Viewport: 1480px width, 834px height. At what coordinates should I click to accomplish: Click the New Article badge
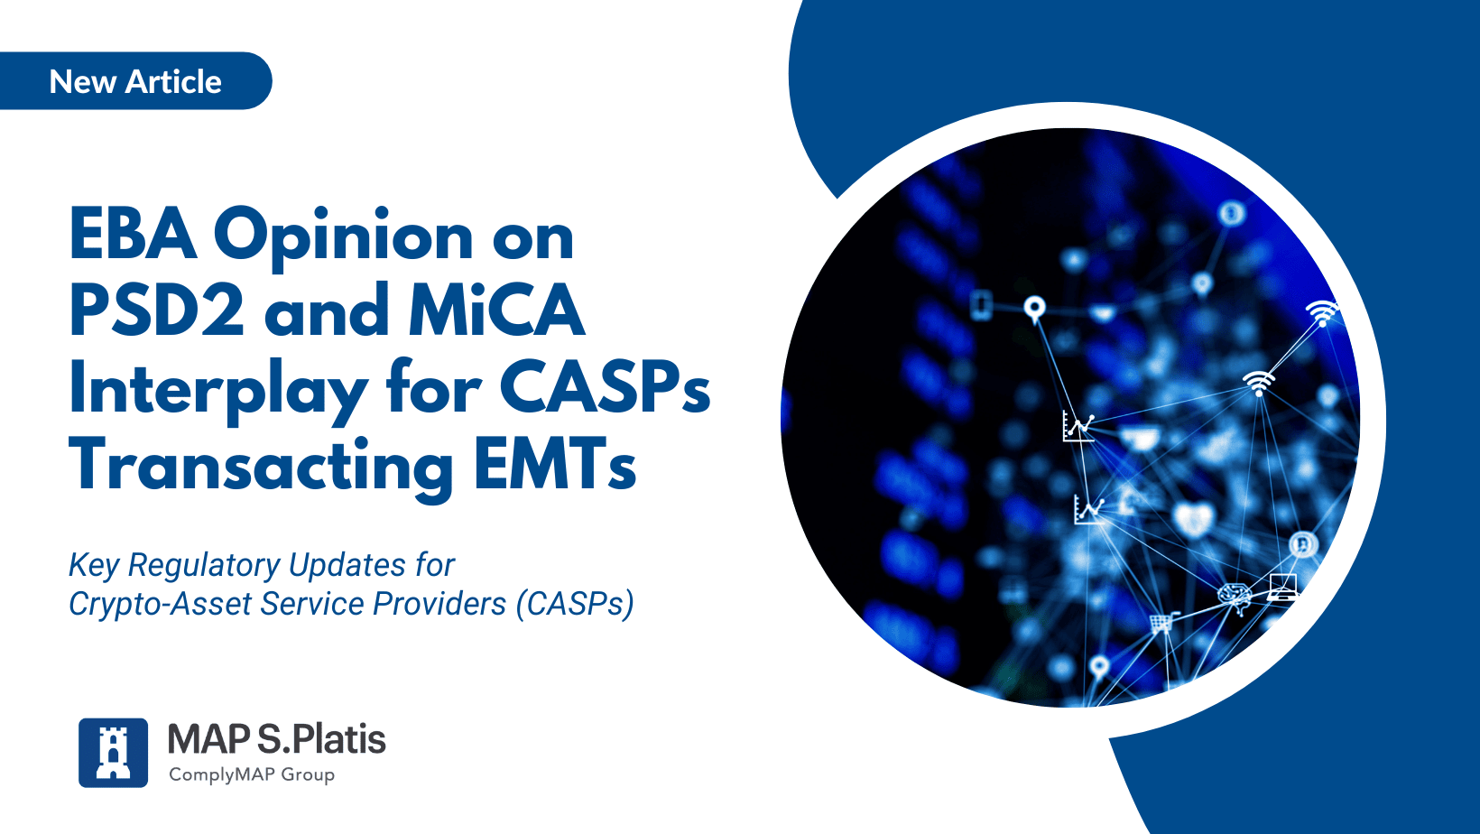[x=134, y=80]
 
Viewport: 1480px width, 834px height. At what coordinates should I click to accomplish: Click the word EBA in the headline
[x=133, y=235]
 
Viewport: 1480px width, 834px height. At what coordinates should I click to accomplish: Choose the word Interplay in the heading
[x=218, y=390]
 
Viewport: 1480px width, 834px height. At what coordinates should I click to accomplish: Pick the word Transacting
[x=260, y=467]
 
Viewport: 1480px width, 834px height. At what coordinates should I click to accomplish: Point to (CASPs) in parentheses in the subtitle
[x=575, y=603]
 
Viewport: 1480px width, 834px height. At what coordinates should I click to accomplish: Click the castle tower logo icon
[x=113, y=753]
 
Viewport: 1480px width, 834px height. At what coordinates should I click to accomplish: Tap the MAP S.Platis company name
[x=276, y=739]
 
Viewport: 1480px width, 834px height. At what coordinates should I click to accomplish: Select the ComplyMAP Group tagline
[x=252, y=774]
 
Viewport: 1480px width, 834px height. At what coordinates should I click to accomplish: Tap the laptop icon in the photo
[x=1283, y=587]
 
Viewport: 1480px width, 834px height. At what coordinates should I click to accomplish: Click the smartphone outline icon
[x=982, y=305]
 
